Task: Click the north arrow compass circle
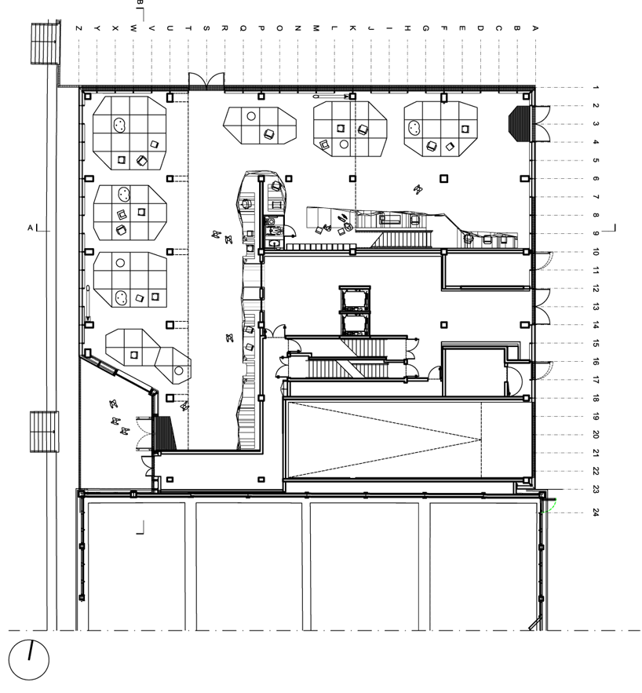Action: click(x=10, y=660)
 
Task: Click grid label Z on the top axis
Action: click(x=79, y=28)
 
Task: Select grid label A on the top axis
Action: click(x=535, y=28)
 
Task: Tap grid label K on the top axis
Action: click(x=352, y=28)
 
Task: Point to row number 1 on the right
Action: click(x=596, y=88)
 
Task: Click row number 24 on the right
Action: click(x=596, y=512)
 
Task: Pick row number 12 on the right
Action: click(x=596, y=289)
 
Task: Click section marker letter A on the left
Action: click(x=31, y=228)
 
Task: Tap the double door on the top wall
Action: click(x=206, y=82)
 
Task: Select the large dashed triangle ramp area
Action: click(x=384, y=440)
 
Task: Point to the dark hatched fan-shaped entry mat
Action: click(x=520, y=123)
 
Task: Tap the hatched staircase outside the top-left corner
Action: click(x=45, y=43)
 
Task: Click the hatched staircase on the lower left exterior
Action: click(x=44, y=432)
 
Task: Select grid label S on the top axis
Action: click(x=206, y=28)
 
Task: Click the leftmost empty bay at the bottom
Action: click(x=136, y=566)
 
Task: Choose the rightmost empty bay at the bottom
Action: click(x=483, y=566)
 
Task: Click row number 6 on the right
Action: click(x=596, y=179)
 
